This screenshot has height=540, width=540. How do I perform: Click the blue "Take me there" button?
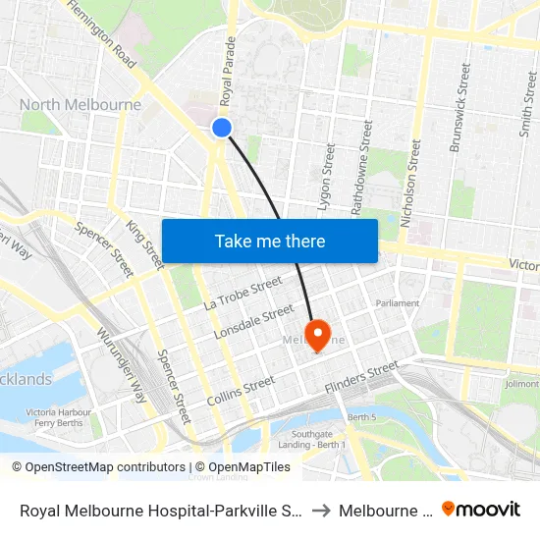pos(270,241)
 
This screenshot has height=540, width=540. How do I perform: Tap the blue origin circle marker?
pos(222,127)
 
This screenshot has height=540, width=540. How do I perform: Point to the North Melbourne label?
pos(81,105)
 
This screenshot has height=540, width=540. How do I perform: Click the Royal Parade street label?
pos(229,72)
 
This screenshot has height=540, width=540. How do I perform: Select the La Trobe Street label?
pos(243,293)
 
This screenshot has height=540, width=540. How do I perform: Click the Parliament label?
pos(397,303)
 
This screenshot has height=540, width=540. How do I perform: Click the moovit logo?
pos(481,509)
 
